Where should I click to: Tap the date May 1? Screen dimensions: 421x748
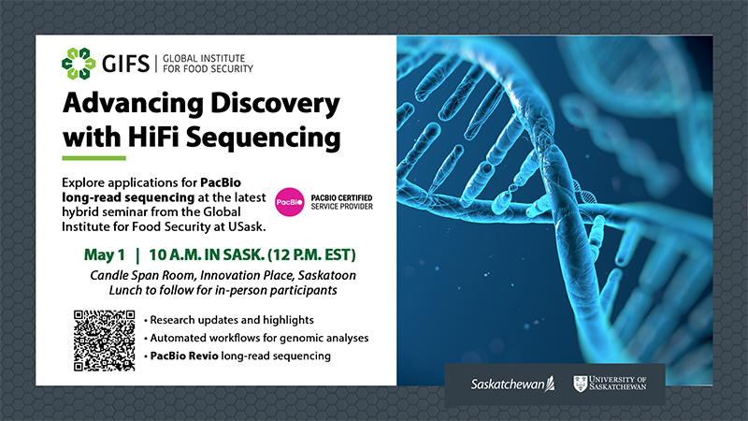click(x=104, y=255)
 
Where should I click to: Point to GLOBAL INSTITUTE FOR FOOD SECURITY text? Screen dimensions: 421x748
click(x=203, y=63)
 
